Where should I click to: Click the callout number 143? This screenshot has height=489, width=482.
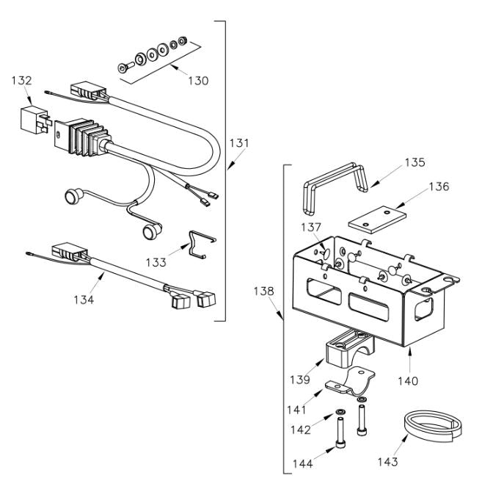387,463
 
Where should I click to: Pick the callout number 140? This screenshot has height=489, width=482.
408,382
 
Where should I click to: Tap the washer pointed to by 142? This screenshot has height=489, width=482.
341,411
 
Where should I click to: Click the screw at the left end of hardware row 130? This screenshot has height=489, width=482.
123,68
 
